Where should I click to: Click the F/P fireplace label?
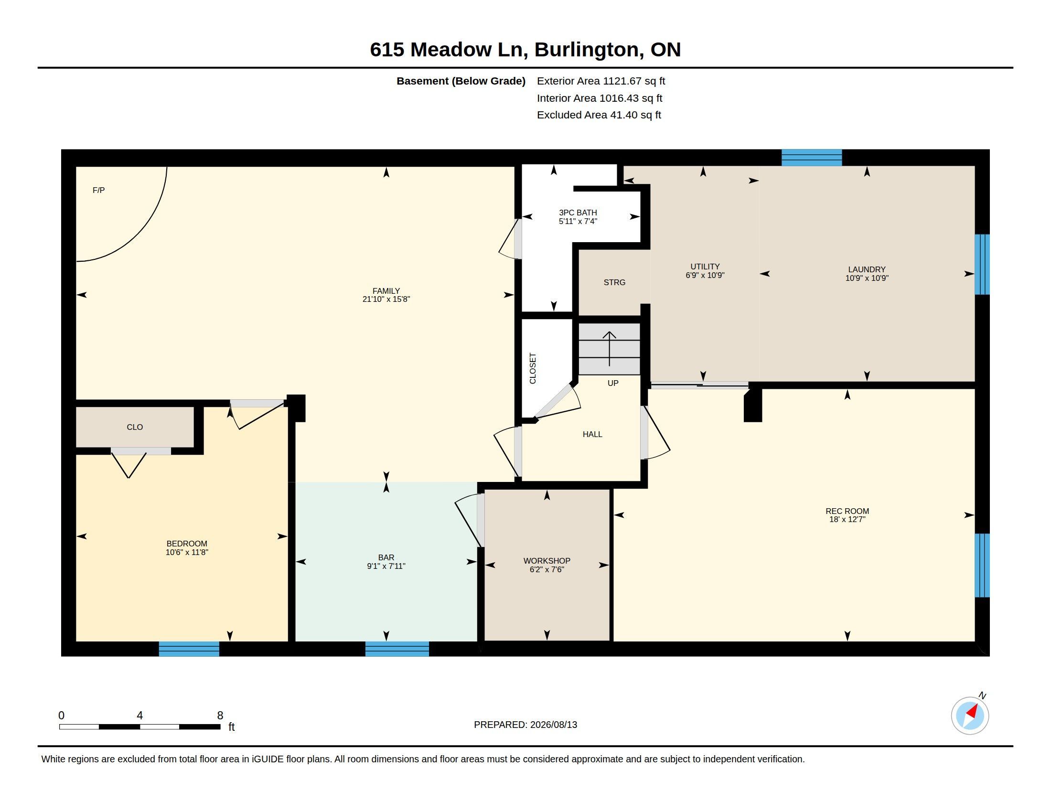99,191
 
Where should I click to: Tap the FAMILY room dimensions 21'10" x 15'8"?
386,299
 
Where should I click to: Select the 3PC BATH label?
578,213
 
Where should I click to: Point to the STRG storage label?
614,282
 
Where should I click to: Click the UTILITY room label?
705,267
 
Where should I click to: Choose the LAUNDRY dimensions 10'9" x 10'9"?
867,278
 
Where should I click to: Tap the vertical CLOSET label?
533,368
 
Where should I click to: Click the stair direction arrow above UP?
610,349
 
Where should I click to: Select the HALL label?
592,434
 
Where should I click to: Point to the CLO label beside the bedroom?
135,427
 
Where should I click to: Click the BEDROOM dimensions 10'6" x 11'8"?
187,552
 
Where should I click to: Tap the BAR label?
386,557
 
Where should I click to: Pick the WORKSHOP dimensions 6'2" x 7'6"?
547,569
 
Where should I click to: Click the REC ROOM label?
847,512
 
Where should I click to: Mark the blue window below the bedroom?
189,649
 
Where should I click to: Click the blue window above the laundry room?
811,158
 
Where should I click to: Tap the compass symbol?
970,716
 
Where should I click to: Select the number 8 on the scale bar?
220,716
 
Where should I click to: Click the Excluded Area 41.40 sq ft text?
599,115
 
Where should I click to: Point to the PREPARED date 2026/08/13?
553,725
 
